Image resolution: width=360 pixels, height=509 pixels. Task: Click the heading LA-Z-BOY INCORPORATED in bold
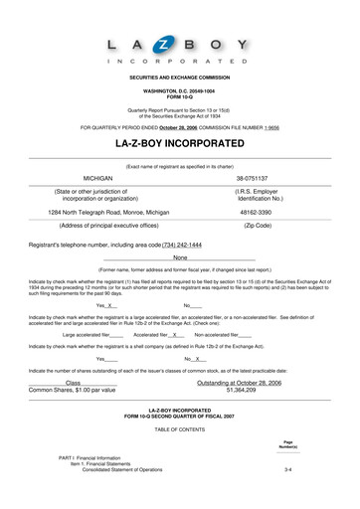179,143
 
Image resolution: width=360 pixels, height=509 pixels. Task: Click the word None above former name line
179,257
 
